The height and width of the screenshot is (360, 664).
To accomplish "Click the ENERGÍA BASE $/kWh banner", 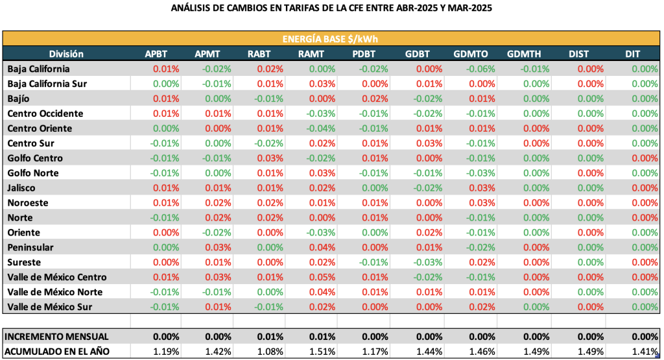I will tap(331, 38).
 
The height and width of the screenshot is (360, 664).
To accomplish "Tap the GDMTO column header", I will tap(472, 54).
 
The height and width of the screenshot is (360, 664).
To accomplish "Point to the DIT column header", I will tap(634, 54).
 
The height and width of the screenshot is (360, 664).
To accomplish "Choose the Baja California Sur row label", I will tap(47, 84).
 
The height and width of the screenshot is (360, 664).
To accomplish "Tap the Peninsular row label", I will tap(30, 248).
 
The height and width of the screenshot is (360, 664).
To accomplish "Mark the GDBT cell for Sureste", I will tap(425, 263).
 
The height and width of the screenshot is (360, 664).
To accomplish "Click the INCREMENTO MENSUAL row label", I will tap(56, 337).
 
